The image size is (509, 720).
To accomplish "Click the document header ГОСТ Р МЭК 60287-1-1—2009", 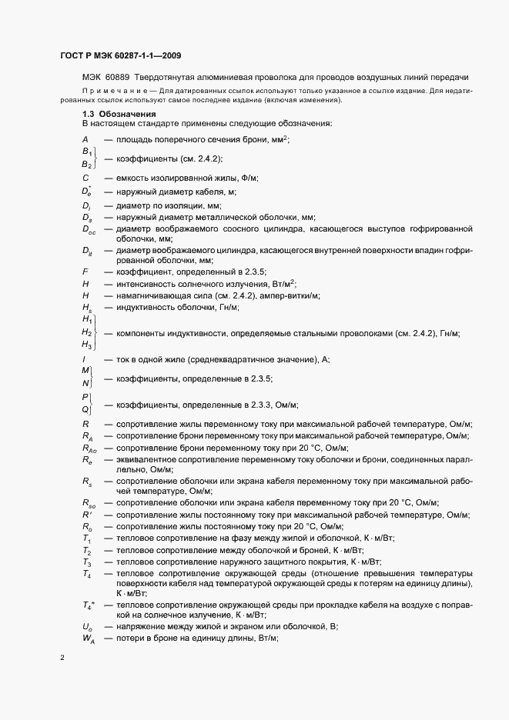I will [x=120, y=55].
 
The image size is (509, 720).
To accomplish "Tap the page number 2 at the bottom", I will [x=62, y=658].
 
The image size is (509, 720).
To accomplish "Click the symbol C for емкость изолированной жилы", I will [x=85, y=178].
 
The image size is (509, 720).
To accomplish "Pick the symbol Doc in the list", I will [x=89, y=229].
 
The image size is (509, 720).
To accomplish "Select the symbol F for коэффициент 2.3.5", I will [x=85, y=272].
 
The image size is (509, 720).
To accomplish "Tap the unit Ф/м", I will [x=247, y=178].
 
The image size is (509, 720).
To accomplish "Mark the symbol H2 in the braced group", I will [x=86, y=332].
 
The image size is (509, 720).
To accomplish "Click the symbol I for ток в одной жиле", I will [x=84, y=360].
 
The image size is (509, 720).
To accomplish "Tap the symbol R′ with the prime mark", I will [x=86, y=514].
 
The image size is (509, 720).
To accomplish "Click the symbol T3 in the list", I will [x=86, y=563].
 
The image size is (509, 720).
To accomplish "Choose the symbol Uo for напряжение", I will [x=86, y=627].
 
